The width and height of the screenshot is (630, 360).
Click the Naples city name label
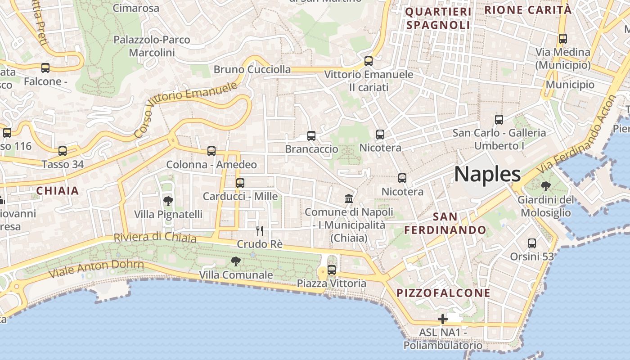(x=487, y=175)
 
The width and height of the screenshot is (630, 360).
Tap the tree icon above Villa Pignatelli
(x=168, y=201)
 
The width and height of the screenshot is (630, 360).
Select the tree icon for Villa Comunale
(x=235, y=261)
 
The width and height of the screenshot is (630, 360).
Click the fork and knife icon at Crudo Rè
(x=260, y=231)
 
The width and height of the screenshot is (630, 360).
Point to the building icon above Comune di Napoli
(x=348, y=198)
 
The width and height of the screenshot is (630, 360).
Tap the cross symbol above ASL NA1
(x=443, y=319)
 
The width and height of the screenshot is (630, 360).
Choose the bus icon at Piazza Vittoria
(x=332, y=270)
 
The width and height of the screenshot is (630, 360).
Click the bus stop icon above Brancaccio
(x=311, y=135)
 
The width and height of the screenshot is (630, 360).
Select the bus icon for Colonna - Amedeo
(x=211, y=151)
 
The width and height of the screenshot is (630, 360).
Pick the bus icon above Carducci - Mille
(x=240, y=183)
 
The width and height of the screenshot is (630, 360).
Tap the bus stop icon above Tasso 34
(x=63, y=151)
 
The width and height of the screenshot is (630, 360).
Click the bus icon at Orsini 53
(x=532, y=243)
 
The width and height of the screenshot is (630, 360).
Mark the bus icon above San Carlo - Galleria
(x=499, y=120)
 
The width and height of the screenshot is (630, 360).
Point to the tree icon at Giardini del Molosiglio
(x=546, y=186)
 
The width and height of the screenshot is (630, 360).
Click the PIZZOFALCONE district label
(x=443, y=293)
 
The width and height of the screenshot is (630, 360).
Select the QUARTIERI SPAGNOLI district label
(x=438, y=18)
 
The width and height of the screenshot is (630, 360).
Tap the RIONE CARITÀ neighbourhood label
(x=528, y=10)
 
